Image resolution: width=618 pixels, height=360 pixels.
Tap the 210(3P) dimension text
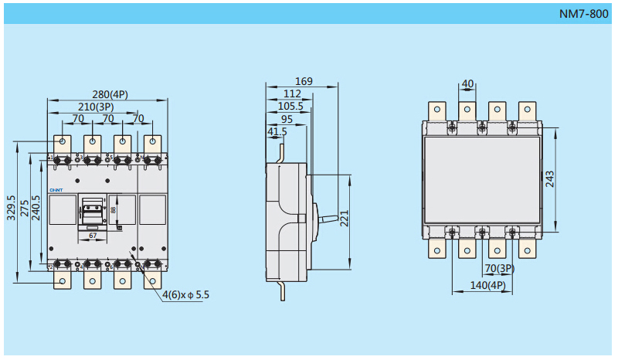[x=96, y=107]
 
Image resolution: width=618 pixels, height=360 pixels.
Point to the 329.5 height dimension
[x=12, y=206]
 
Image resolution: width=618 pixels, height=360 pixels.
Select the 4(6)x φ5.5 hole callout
[x=186, y=295]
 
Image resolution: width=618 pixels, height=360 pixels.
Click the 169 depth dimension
[x=304, y=81]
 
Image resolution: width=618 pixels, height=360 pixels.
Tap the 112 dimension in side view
[x=293, y=93]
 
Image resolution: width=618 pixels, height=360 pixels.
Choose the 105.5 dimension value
[x=290, y=106]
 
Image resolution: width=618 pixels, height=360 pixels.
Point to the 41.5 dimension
[x=277, y=132]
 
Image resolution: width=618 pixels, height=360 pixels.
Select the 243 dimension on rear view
[x=550, y=179]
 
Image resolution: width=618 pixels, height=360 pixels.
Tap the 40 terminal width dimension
[x=467, y=83]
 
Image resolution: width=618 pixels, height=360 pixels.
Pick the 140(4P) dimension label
[x=488, y=286]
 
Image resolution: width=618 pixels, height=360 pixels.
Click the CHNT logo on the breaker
[x=56, y=189]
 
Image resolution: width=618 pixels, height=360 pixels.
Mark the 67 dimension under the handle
[x=93, y=235]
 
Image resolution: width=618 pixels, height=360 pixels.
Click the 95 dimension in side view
[x=287, y=119]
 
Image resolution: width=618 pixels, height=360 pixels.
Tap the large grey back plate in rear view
[x=482, y=180]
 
